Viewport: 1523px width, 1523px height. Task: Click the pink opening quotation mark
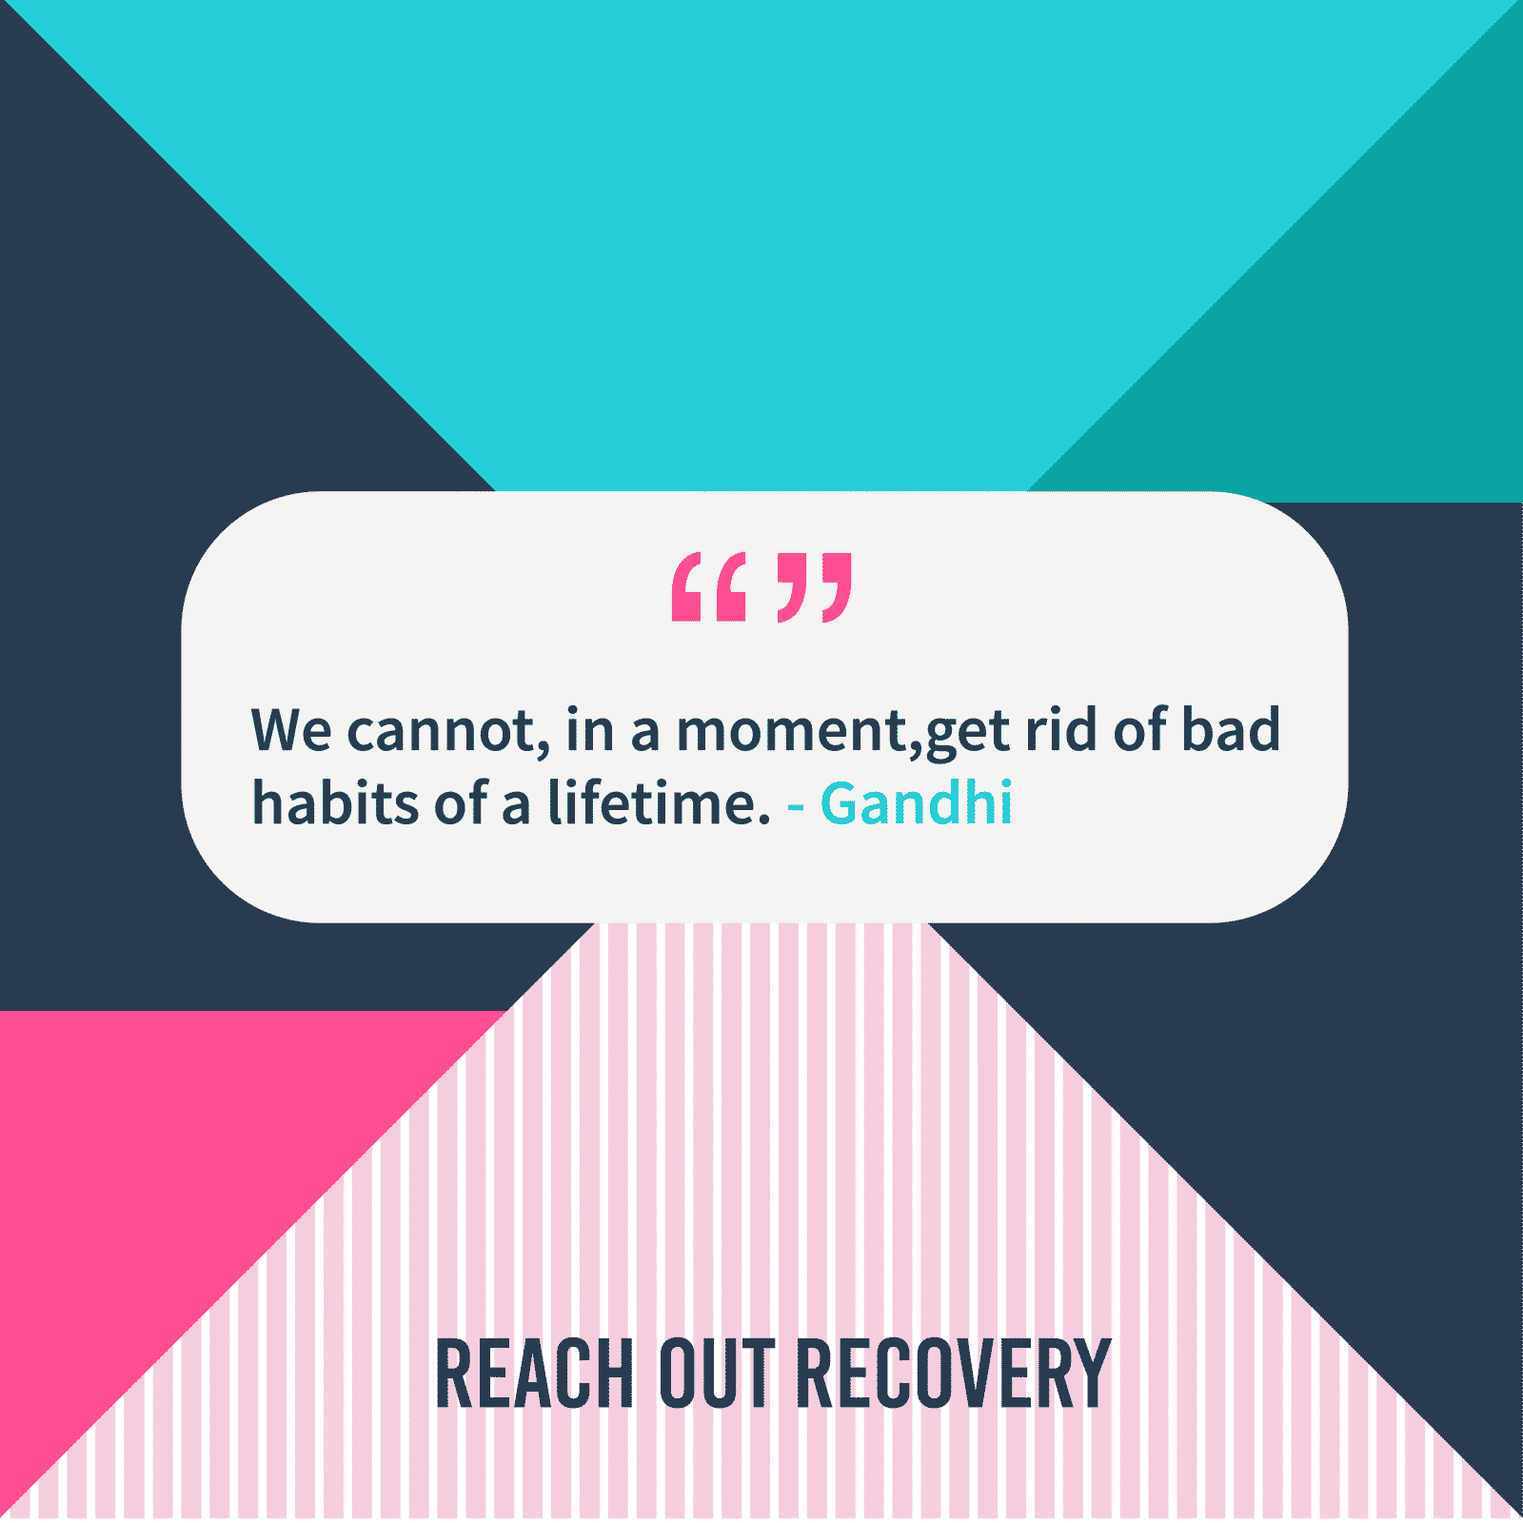708,587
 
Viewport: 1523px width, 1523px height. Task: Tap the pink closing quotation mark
815,587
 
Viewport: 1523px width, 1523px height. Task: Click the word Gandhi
917,802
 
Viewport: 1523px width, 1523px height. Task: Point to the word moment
792,730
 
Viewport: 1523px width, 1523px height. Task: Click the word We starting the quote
291,730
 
